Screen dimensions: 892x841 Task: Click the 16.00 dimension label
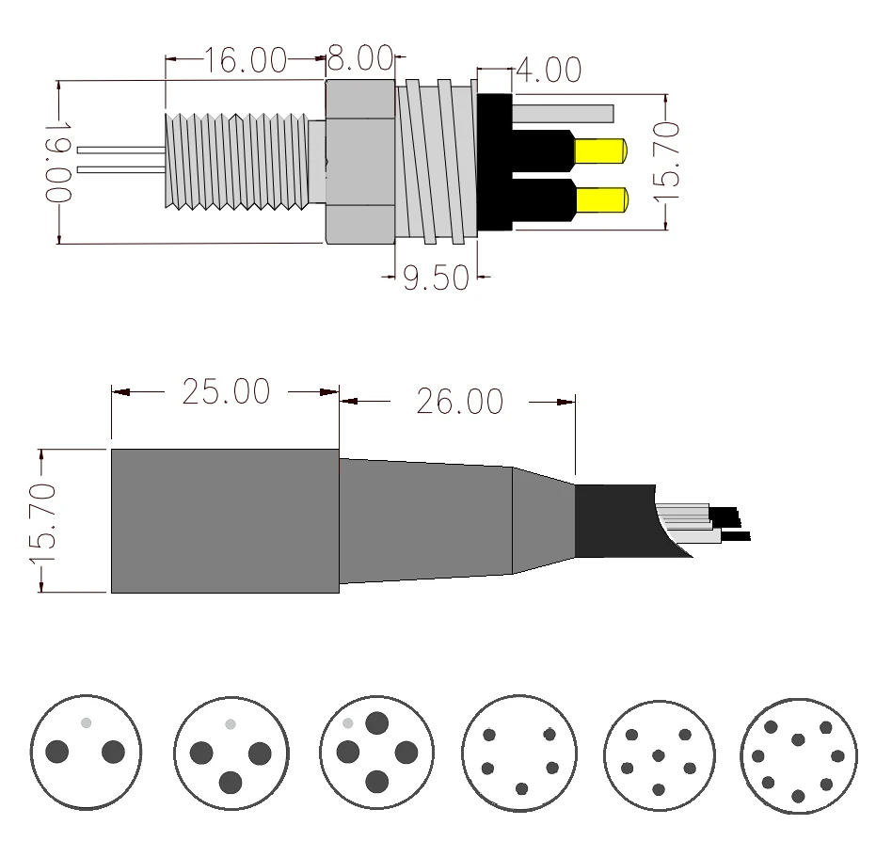(x=245, y=60)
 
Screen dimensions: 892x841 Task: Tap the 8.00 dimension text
(x=360, y=58)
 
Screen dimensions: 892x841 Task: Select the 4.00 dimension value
(x=549, y=70)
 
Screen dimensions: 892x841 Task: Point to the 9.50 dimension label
(x=437, y=278)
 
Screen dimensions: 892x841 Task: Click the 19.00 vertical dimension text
(x=58, y=162)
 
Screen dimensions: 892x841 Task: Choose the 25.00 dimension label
(x=226, y=391)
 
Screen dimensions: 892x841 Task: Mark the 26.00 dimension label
(x=460, y=402)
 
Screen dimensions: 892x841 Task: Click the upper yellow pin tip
(x=601, y=151)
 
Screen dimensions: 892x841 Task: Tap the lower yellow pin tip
(x=602, y=200)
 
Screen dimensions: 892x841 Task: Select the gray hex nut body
(x=360, y=162)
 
